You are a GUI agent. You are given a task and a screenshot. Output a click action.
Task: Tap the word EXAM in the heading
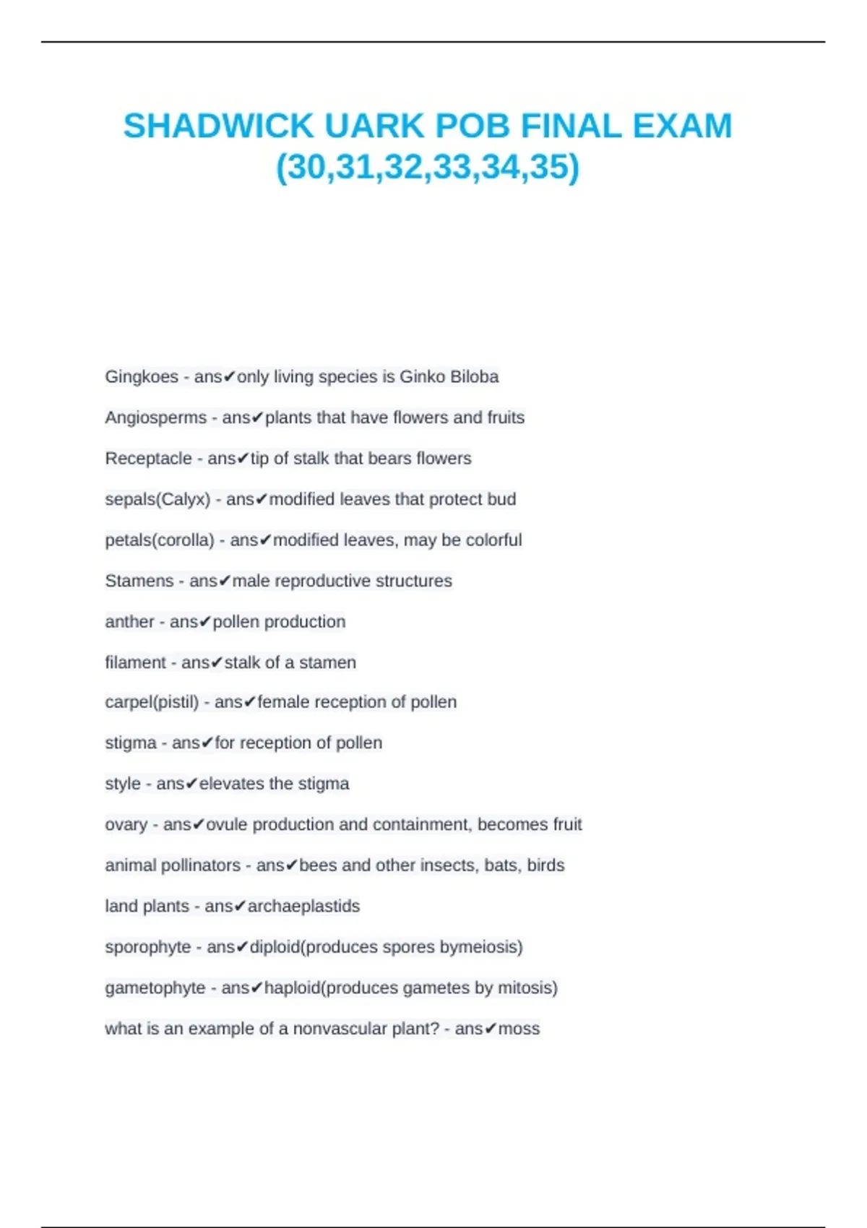tap(682, 126)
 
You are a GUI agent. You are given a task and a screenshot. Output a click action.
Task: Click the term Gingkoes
tap(142, 377)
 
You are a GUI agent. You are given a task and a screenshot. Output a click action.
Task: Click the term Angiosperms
tap(155, 418)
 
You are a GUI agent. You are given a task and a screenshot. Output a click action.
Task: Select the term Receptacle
tap(148, 459)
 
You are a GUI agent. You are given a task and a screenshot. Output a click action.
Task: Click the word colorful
tap(493, 540)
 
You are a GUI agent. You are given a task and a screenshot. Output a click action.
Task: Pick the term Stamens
tap(139, 581)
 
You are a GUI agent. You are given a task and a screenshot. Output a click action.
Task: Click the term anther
tap(129, 622)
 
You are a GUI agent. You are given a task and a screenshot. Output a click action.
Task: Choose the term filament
tap(135, 662)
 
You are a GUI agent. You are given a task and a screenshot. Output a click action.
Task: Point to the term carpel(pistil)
tap(152, 702)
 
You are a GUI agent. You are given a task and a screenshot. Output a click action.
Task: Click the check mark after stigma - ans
tap(207, 743)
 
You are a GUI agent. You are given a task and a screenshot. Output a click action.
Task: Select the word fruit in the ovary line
tap(567, 824)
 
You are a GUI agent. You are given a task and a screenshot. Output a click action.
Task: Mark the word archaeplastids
tap(303, 906)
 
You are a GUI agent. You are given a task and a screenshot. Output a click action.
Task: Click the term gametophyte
tap(155, 987)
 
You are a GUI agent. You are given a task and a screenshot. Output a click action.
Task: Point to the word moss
tap(519, 1029)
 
